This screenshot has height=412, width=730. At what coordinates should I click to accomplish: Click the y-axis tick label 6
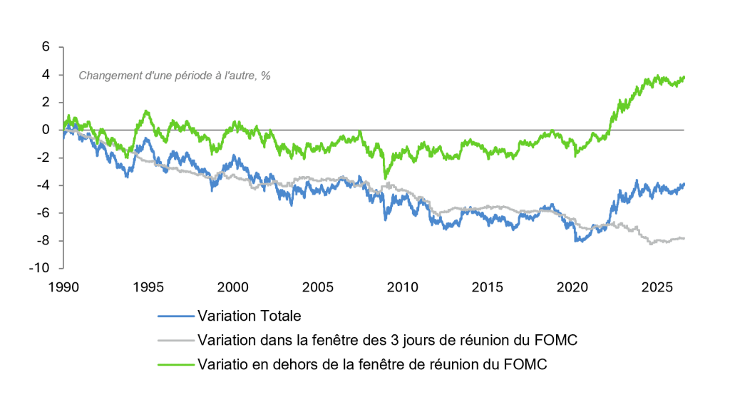[x=46, y=46]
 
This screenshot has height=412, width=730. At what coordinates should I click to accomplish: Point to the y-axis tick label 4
[x=46, y=74]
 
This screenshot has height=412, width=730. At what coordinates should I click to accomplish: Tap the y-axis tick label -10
[x=39, y=268]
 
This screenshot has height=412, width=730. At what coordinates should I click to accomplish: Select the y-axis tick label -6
[x=42, y=212]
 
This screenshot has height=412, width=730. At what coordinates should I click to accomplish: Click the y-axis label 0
[x=46, y=130]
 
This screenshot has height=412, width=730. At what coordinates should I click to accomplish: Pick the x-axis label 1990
[x=63, y=287]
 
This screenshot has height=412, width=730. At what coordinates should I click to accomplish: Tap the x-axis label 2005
[x=318, y=287]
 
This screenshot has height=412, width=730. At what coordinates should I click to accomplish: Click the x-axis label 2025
[x=657, y=287]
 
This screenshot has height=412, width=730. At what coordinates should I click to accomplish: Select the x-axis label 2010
[x=403, y=287]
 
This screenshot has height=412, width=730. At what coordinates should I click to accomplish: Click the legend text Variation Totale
[x=250, y=316]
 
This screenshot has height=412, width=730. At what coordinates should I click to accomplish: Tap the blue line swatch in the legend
[x=176, y=316]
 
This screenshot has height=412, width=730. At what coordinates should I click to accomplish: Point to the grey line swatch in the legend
[x=176, y=340]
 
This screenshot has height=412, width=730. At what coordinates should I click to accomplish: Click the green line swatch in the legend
[x=176, y=364]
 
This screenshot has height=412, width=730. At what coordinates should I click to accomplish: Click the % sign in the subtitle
[x=266, y=76]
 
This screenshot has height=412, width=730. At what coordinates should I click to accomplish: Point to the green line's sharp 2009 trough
[x=385, y=178]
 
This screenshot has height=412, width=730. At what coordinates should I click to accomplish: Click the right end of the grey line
[x=684, y=238]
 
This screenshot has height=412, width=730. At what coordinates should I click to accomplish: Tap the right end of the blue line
[x=684, y=185]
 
